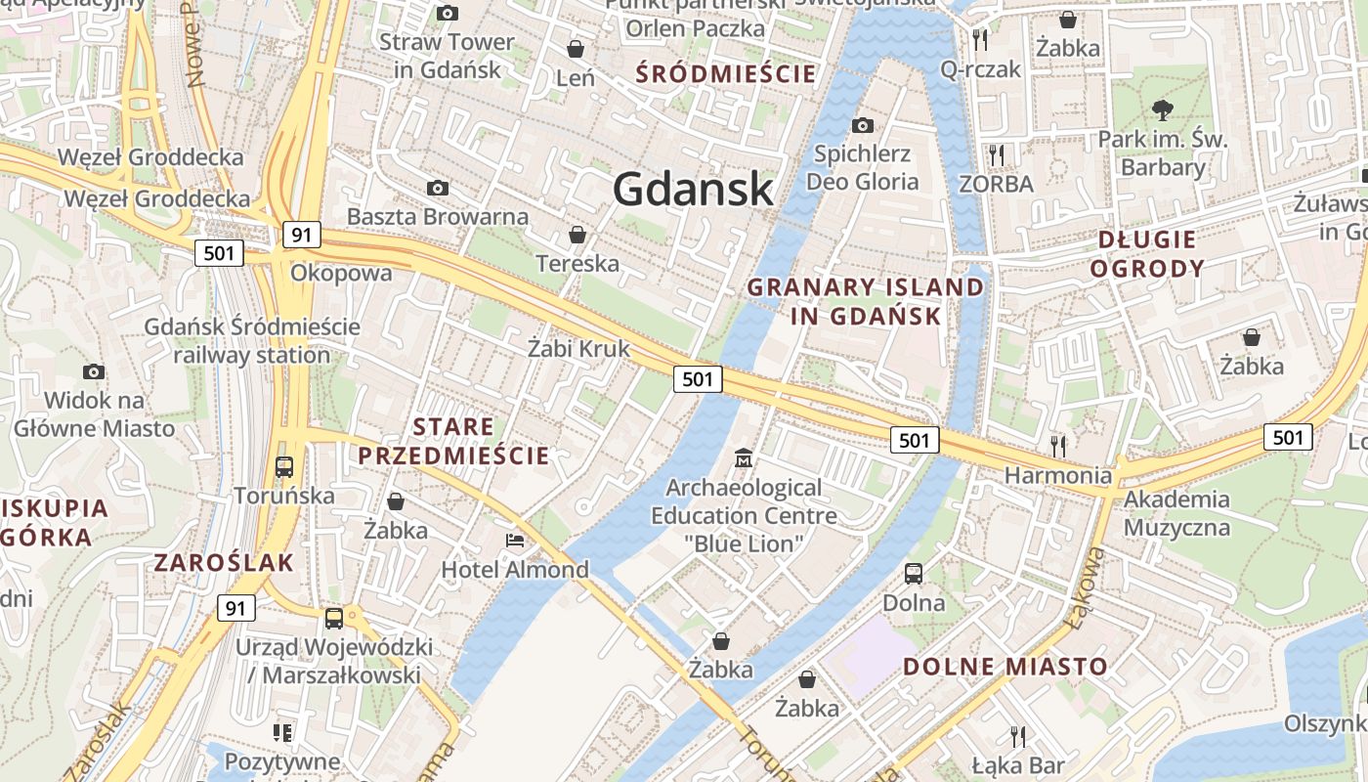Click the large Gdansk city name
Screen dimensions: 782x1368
click(693, 189)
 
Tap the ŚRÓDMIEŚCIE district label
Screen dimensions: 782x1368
click(725, 73)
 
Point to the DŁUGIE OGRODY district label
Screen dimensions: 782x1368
click(1147, 254)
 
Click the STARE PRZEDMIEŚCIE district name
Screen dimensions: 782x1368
click(453, 441)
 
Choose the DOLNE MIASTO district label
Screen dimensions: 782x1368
click(1005, 667)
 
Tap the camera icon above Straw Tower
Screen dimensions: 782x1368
click(448, 13)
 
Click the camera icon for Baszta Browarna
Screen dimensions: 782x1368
click(438, 188)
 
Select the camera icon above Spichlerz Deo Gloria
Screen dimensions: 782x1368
click(862, 125)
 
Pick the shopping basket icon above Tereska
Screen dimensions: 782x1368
click(577, 235)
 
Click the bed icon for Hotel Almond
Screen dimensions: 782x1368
click(515, 540)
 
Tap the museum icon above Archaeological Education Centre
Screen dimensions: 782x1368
click(744, 457)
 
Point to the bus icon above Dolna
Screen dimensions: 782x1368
click(914, 573)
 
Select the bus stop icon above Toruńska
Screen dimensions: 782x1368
click(284, 466)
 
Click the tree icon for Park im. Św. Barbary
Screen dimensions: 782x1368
click(1163, 109)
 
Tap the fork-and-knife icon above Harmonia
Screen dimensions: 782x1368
click(1058, 446)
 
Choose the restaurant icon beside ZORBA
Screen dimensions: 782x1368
click(996, 154)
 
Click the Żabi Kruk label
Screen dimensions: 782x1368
click(578, 348)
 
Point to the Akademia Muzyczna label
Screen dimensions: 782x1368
click(1176, 513)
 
